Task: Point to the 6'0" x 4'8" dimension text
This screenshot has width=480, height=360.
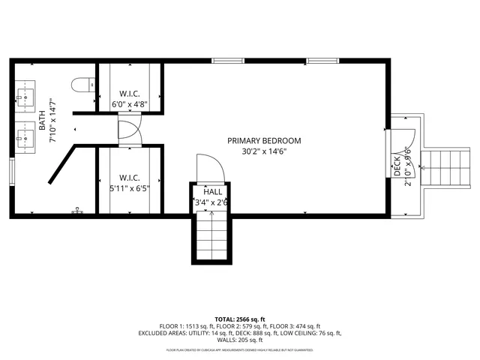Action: [130, 106]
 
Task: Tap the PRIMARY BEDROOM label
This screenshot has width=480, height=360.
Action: [265, 140]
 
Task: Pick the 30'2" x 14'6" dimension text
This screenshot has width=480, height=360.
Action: [264, 151]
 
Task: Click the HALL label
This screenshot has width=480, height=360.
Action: [213, 191]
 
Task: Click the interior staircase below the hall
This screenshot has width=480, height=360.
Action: [212, 234]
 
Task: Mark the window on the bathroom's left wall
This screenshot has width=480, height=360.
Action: [11, 170]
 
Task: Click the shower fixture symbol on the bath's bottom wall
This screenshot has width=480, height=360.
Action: [77, 212]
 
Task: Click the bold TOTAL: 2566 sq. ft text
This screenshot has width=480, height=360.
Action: [239, 318]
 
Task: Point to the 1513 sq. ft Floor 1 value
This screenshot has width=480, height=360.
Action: [199, 326]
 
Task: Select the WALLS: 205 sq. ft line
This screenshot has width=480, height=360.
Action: [239, 341]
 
